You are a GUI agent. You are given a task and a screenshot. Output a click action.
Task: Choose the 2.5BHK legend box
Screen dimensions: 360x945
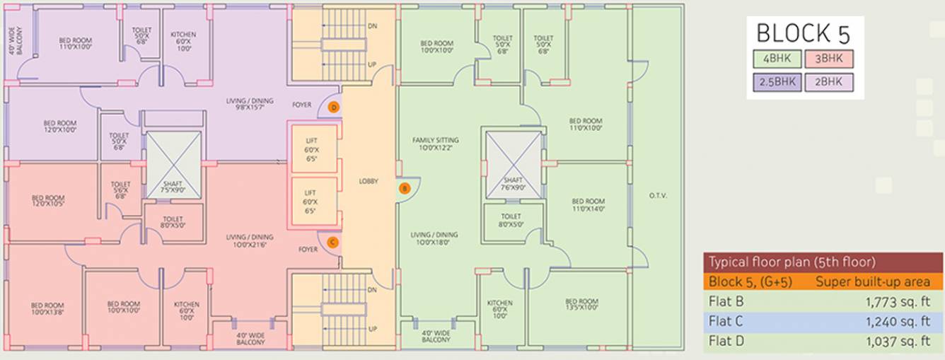point(777,82)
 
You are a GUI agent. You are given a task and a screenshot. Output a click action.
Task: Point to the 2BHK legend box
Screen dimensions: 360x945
point(828,82)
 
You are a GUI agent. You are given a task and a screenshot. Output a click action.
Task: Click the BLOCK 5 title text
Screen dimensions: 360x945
point(803,34)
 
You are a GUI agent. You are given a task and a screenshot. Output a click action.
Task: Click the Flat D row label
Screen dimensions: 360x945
point(726,342)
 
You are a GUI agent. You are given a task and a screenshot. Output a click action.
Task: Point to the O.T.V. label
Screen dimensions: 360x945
point(657,196)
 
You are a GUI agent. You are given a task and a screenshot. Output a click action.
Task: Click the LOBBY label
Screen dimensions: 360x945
point(368,182)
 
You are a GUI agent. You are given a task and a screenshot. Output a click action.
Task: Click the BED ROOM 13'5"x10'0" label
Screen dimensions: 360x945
point(581,304)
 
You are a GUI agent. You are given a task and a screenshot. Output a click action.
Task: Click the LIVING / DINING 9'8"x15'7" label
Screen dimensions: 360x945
point(245,103)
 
